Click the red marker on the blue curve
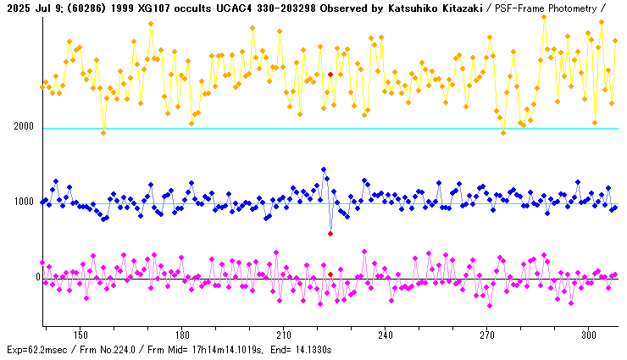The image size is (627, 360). point(330,233)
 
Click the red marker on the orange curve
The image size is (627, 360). point(330,75)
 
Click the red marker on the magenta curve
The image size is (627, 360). point(330,274)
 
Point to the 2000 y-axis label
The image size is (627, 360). point(23,127)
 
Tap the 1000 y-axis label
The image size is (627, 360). point(23,202)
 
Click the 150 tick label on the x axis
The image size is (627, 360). point(80,335)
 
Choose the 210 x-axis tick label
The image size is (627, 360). point(284,335)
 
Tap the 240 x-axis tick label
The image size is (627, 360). point(386,335)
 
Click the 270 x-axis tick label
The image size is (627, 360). point(487,335)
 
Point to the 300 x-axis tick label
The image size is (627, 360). point(589,335)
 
